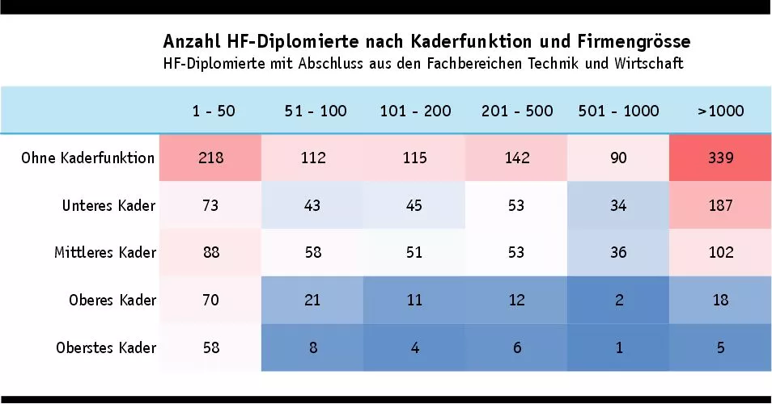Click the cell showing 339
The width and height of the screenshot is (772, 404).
[x=720, y=158]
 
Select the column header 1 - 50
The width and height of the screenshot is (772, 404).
[x=214, y=111]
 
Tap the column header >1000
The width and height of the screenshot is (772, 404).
[x=720, y=111]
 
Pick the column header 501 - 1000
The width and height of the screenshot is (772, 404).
[x=618, y=111]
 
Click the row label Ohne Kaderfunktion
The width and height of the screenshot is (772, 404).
[x=88, y=158]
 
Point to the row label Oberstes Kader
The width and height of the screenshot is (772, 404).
[x=106, y=347]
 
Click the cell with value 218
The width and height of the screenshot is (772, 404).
[x=211, y=158]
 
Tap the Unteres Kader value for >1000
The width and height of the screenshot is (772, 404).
[x=720, y=205]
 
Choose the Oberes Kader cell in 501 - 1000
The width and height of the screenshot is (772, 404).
[x=618, y=301]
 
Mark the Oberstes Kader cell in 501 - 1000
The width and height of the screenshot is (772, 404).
[x=618, y=347]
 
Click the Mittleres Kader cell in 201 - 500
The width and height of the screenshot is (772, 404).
[x=516, y=253]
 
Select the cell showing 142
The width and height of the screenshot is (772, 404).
[x=516, y=158]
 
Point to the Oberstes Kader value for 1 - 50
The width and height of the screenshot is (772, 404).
[x=211, y=347]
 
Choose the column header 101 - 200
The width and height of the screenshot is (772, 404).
[x=415, y=111]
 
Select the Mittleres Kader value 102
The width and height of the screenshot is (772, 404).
[x=720, y=253]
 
